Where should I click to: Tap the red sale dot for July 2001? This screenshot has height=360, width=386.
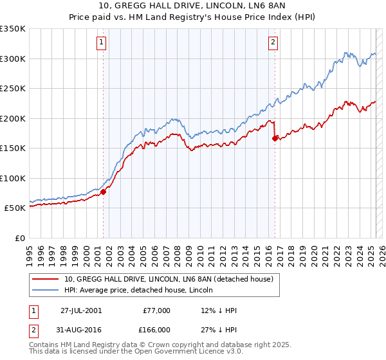click(103, 192)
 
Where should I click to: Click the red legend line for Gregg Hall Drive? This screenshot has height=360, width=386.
click(46, 279)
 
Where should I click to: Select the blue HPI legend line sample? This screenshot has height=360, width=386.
click(46, 289)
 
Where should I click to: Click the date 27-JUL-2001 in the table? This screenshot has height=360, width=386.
click(80, 310)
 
